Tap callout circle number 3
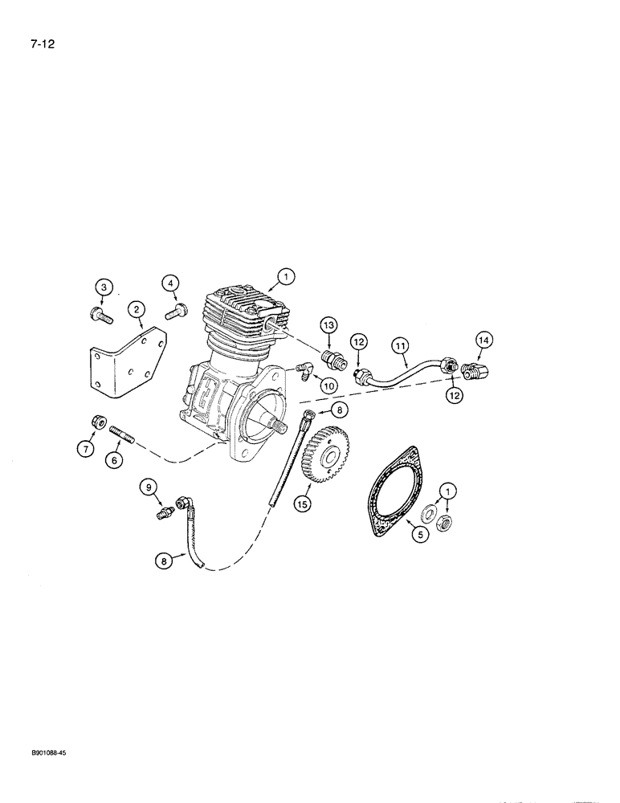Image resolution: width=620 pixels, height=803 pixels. click(102, 287)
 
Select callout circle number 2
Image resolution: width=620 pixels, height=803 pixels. click(137, 308)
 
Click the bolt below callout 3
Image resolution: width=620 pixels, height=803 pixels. click(98, 315)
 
